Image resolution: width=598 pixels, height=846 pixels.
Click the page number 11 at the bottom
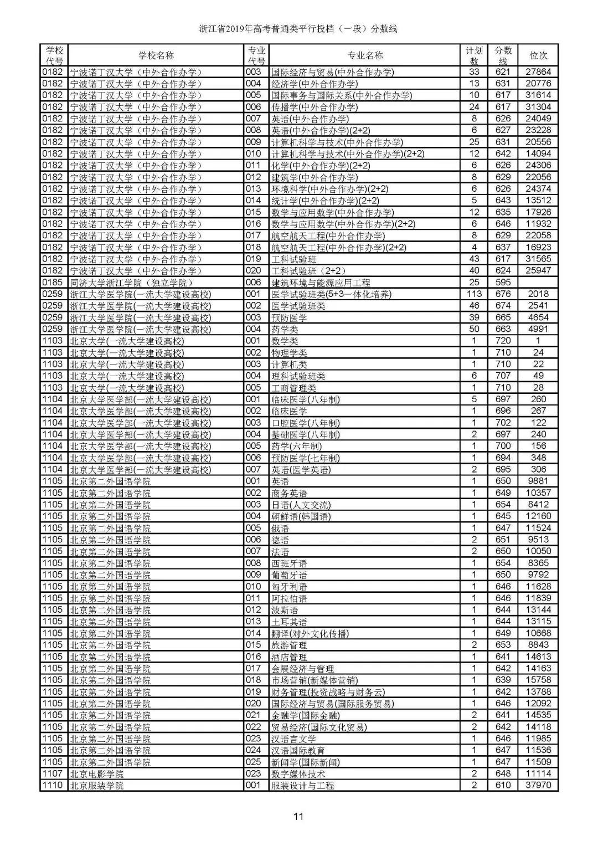click(x=299, y=816)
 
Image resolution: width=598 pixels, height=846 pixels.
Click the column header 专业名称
click(x=365, y=55)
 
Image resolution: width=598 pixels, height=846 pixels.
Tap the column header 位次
click(x=538, y=55)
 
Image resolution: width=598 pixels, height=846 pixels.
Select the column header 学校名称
click(x=156, y=55)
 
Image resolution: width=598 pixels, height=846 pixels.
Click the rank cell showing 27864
click(x=538, y=72)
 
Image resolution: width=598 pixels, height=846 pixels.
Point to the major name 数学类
click(x=285, y=341)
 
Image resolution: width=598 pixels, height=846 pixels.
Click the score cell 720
click(x=503, y=341)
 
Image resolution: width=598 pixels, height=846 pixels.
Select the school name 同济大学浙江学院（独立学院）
click(x=131, y=283)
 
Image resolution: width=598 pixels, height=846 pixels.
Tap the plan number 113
click(x=474, y=294)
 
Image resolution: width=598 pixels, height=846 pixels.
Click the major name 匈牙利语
click(x=289, y=587)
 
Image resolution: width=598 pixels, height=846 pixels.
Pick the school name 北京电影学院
click(x=96, y=774)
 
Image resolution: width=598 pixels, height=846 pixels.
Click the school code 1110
click(x=53, y=786)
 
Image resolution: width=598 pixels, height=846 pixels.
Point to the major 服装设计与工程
click(x=302, y=786)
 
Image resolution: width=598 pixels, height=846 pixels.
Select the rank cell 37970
click(x=538, y=786)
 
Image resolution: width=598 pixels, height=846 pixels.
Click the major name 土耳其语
click(x=289, y=622)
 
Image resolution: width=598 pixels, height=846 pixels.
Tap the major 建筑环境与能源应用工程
click(x=321, y=283)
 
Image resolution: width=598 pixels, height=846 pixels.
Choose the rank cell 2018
click(x=538, y=294)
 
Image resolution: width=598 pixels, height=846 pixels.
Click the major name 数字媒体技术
click(x=298, y=774)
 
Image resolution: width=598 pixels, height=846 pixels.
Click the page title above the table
click(x=298, y=29)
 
